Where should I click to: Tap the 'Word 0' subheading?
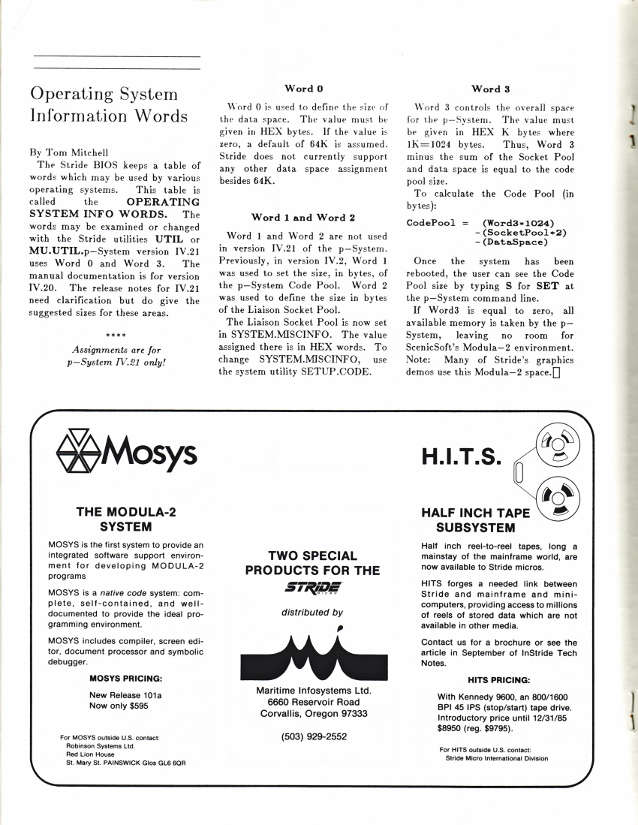(x=304, y=89)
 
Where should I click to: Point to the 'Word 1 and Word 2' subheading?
(x=304, y=218)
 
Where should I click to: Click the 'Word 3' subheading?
(x=492, y=89)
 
